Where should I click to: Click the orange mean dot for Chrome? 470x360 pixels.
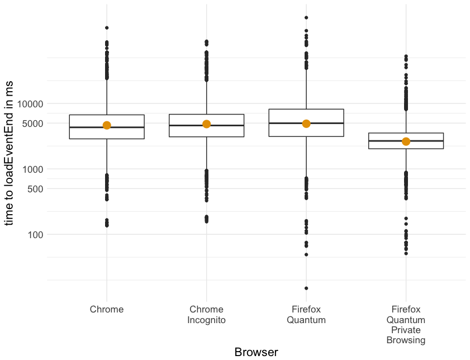[107, 125]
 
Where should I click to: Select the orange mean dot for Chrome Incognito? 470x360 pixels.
[207, 124]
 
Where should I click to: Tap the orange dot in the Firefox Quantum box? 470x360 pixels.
[306, 124]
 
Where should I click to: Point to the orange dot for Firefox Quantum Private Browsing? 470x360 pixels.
[406, 141]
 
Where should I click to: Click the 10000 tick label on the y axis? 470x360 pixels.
[30, 104]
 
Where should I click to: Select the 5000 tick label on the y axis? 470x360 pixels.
[32, 124]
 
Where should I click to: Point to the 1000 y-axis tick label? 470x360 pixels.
[32, 169]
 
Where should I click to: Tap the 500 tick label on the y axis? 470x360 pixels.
[35, 189]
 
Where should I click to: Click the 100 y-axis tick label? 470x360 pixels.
[35, 235]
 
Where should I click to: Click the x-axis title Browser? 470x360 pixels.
[257, 352]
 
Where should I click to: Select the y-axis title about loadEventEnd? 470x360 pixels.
[9, 153]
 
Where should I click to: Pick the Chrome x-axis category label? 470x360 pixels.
[107, 309]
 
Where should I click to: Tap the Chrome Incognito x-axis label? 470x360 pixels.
[207, 314]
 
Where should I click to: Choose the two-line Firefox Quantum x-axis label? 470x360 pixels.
[306, 314]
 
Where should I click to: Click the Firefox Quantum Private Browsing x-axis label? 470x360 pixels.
[406, 325]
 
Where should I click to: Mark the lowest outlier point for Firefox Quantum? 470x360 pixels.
[306, 288]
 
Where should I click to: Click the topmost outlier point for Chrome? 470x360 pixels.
[107, 28]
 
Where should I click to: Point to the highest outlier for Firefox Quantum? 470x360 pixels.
[306, 18]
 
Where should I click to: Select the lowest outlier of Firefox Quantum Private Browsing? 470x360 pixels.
[406, 254]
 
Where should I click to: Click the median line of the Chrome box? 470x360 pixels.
[107, 127]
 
